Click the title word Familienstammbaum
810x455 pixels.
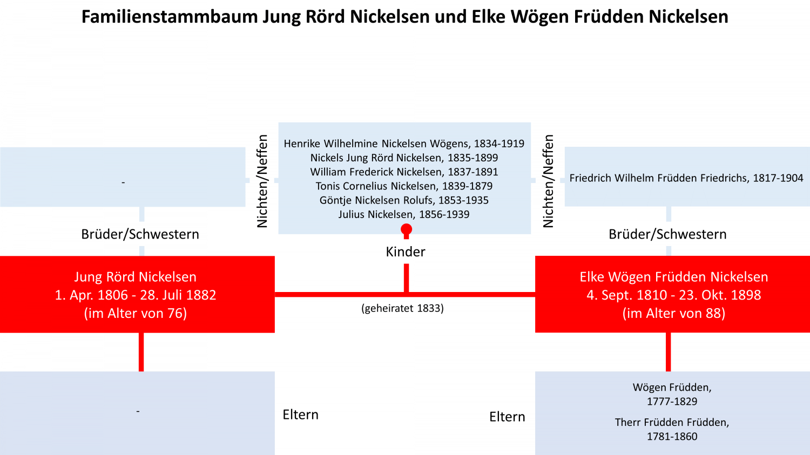pos(170,17)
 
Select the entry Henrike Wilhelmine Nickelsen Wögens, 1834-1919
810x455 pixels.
pos(404,144)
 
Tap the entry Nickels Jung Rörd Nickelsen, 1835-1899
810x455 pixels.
pos(404,158)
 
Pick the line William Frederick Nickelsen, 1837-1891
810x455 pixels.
pos(404,172)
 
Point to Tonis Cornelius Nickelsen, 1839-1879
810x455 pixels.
pos(404,186)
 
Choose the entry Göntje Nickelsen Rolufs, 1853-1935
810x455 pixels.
pos(404,200)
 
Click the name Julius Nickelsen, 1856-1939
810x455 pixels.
pos(404,214)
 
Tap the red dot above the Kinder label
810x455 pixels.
pos(407,229)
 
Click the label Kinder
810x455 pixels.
pos(406,252)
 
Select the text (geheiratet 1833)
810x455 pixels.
pos(402,308)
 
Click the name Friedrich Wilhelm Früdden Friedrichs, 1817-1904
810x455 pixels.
pos(686,178)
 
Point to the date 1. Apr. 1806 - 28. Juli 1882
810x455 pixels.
pos(135,295)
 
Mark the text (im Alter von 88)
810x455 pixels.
pos(674,313)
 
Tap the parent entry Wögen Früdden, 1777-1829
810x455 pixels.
pos(672,395)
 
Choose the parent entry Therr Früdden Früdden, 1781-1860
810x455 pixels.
pos(672,429)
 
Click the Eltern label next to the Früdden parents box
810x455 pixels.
pos(507,417)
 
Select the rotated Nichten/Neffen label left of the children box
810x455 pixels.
pos(262,181)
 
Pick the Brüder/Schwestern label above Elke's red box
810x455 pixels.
pos(667,234)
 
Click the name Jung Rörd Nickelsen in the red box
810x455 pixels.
pos(135,277)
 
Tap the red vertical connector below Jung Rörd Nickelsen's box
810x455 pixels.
pos(141,352)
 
